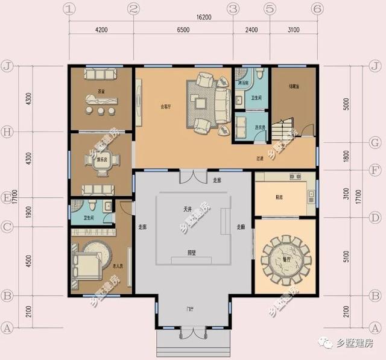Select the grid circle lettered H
coord(8,131)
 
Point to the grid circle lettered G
coord(375,143)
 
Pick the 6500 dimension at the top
coord(182,30)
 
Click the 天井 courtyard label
coord(188,209)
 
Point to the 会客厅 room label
coord(165,107)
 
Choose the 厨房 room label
coord(279,197)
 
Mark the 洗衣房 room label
coord(260,127)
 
